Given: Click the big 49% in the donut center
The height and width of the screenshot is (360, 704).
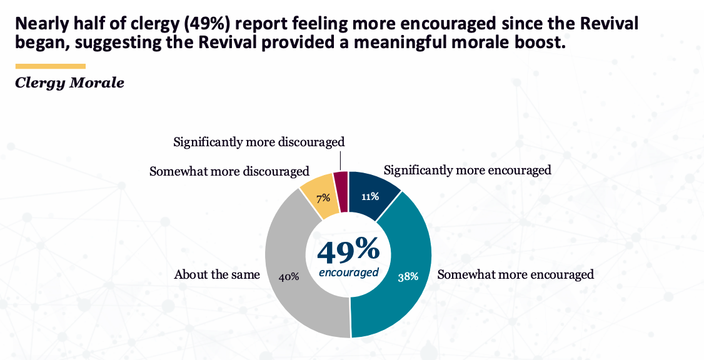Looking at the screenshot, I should (348, 250).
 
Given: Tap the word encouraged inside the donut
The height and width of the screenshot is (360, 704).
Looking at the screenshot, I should (348, 272).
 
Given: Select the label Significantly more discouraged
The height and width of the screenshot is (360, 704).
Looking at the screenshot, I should (259, 142).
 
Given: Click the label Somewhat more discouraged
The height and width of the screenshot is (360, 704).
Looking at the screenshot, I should (229, 171).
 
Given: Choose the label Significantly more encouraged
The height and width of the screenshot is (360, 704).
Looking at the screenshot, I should (467, 170).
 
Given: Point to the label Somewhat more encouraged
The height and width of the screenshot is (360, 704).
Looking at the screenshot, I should (515, 274).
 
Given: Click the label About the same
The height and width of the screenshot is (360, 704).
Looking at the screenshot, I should (217, 274).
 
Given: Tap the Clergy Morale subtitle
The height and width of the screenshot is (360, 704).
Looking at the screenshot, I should (69, 83).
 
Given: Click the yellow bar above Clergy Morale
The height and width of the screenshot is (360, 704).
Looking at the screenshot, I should (50, 66).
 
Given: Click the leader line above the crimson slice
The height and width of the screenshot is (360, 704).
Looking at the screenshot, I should (342, 160).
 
